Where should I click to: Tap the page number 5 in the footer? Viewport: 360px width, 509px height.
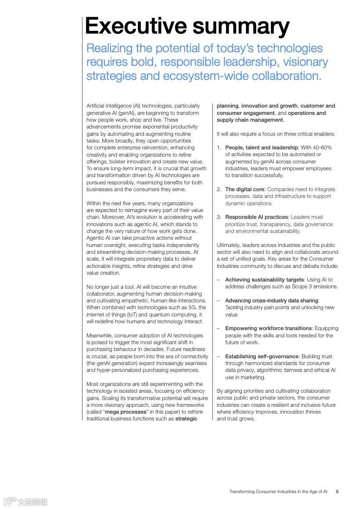click(x=337, y=491)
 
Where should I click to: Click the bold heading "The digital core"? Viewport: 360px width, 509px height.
click(x=245, y=189)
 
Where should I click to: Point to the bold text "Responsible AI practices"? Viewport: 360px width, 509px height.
click(x=256, y=217)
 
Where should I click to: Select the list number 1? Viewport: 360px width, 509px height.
click(x=218, y=148)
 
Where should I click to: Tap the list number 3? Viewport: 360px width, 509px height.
click(x=218, y=217)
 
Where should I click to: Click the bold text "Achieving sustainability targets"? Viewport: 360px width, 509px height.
click(x=264, y=280)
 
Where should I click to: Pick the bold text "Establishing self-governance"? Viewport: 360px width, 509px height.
click(x=262, y=356)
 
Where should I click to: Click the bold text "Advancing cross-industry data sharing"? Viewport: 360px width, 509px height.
click(x=271, y=301)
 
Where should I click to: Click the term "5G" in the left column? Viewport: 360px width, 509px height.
click(x=194, y=307)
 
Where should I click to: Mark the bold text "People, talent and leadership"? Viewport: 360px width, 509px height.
click(x=261, y=148)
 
